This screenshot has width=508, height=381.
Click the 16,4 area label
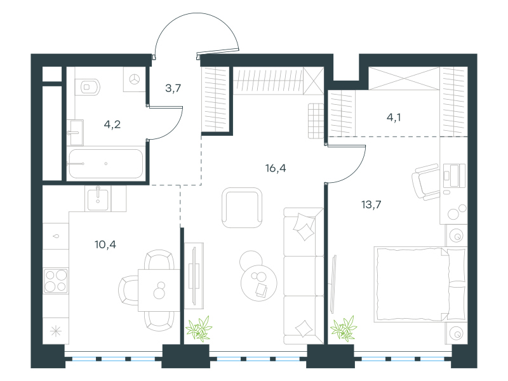pos(276,168)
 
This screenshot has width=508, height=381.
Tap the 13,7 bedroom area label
pos(371,204)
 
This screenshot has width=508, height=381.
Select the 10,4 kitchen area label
pos(105,244)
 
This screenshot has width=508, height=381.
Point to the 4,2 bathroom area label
pos(112,124)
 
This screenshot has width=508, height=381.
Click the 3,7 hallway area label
pos(173,88)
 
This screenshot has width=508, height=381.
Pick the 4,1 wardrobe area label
pos(394,117)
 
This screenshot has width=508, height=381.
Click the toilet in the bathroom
pos(87,87)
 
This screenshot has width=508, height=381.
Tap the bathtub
pos(105,164)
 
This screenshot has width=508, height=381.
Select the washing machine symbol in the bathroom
pos(134,79)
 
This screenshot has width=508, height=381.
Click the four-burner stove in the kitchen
pos(56,281)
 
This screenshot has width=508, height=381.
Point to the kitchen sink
pos(98,199)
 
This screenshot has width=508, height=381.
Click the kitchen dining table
pos(159,290)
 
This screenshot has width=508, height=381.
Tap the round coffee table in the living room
pos(259,283)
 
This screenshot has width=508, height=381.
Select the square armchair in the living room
pos(242,208)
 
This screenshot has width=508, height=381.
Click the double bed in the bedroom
pos(420,284)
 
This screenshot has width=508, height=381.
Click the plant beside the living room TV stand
pos(199,329)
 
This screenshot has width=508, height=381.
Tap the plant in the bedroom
pos(344,329)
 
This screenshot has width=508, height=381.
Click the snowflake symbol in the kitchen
pos(56,331)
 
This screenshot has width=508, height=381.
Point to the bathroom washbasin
pos(75,133)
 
